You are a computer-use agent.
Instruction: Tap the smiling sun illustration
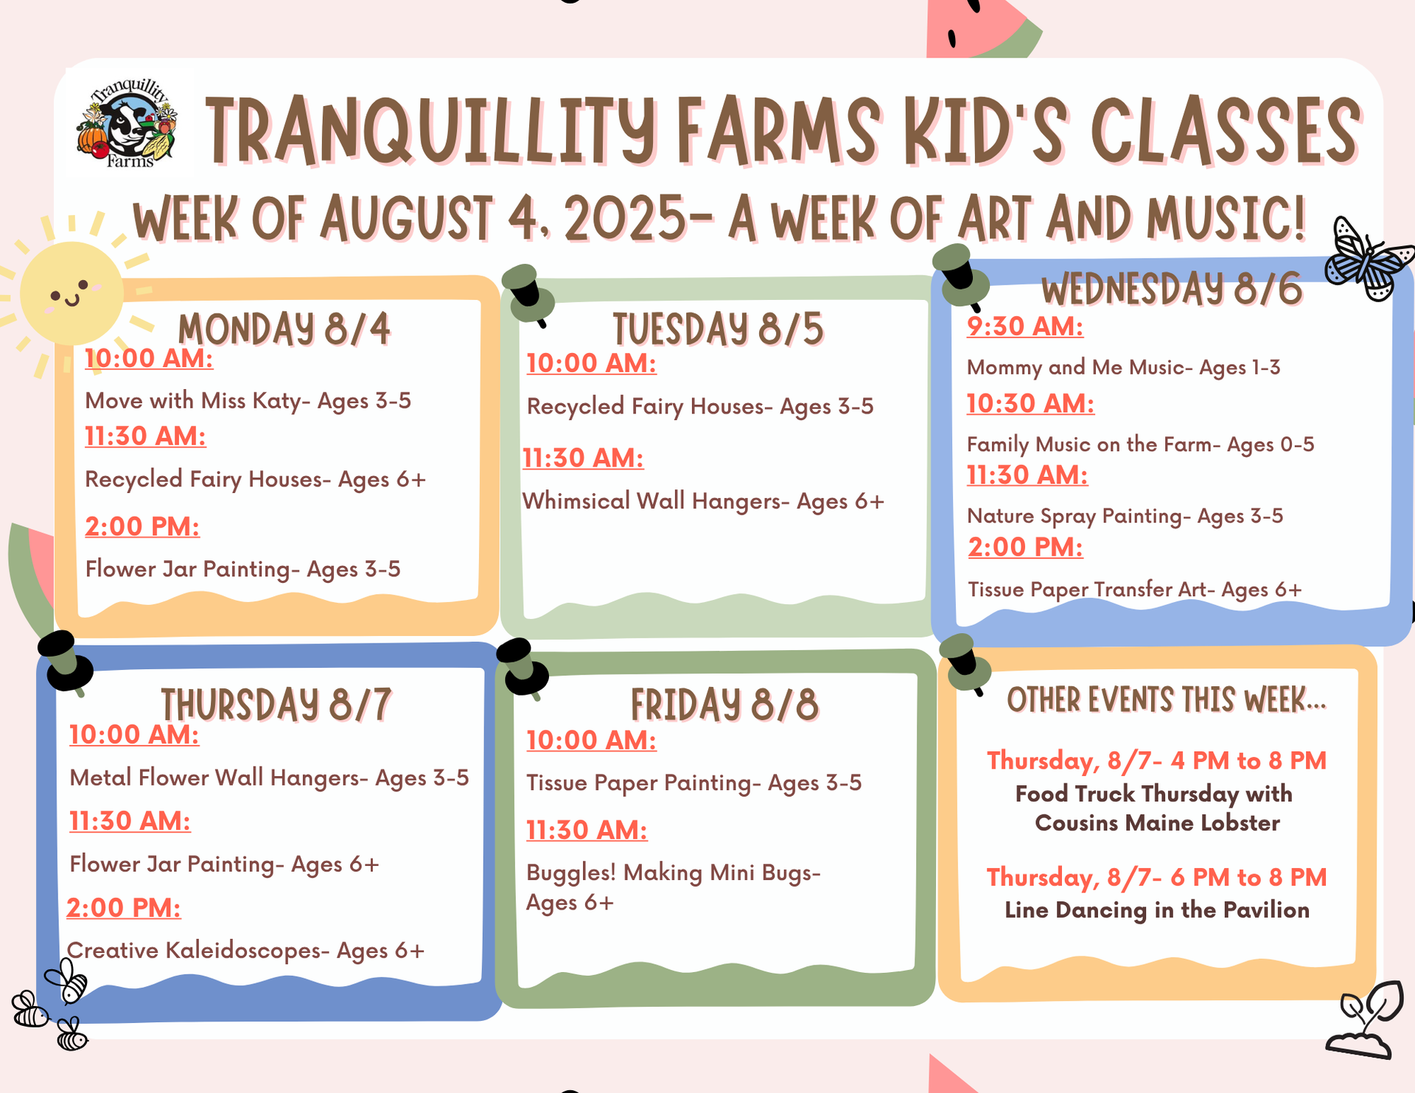(71, 293)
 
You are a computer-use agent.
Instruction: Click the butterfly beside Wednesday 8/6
(1369, 259)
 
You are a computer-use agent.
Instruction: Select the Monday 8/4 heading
(284, 329)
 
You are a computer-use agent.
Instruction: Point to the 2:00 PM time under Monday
(142, 526)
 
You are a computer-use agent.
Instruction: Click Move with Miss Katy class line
(248, 400)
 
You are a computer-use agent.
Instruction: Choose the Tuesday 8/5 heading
(719, 329)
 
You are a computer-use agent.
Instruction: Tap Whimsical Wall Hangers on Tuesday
(703, 501)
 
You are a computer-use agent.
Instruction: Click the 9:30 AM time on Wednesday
(1025, 326)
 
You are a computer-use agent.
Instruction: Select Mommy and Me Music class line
(1123, 367)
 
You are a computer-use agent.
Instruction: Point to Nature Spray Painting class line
(1125, 515)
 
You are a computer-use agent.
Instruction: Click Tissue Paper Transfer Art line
(1135, 590)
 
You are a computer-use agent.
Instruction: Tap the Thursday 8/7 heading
(276, 705)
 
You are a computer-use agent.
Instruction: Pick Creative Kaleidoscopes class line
(246, 951)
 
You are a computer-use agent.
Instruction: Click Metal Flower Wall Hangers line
(269, 778)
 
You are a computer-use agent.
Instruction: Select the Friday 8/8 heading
(724, 705)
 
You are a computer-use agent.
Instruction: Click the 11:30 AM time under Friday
(587, 830)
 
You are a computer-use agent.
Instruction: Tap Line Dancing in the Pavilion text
(1157, 910)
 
